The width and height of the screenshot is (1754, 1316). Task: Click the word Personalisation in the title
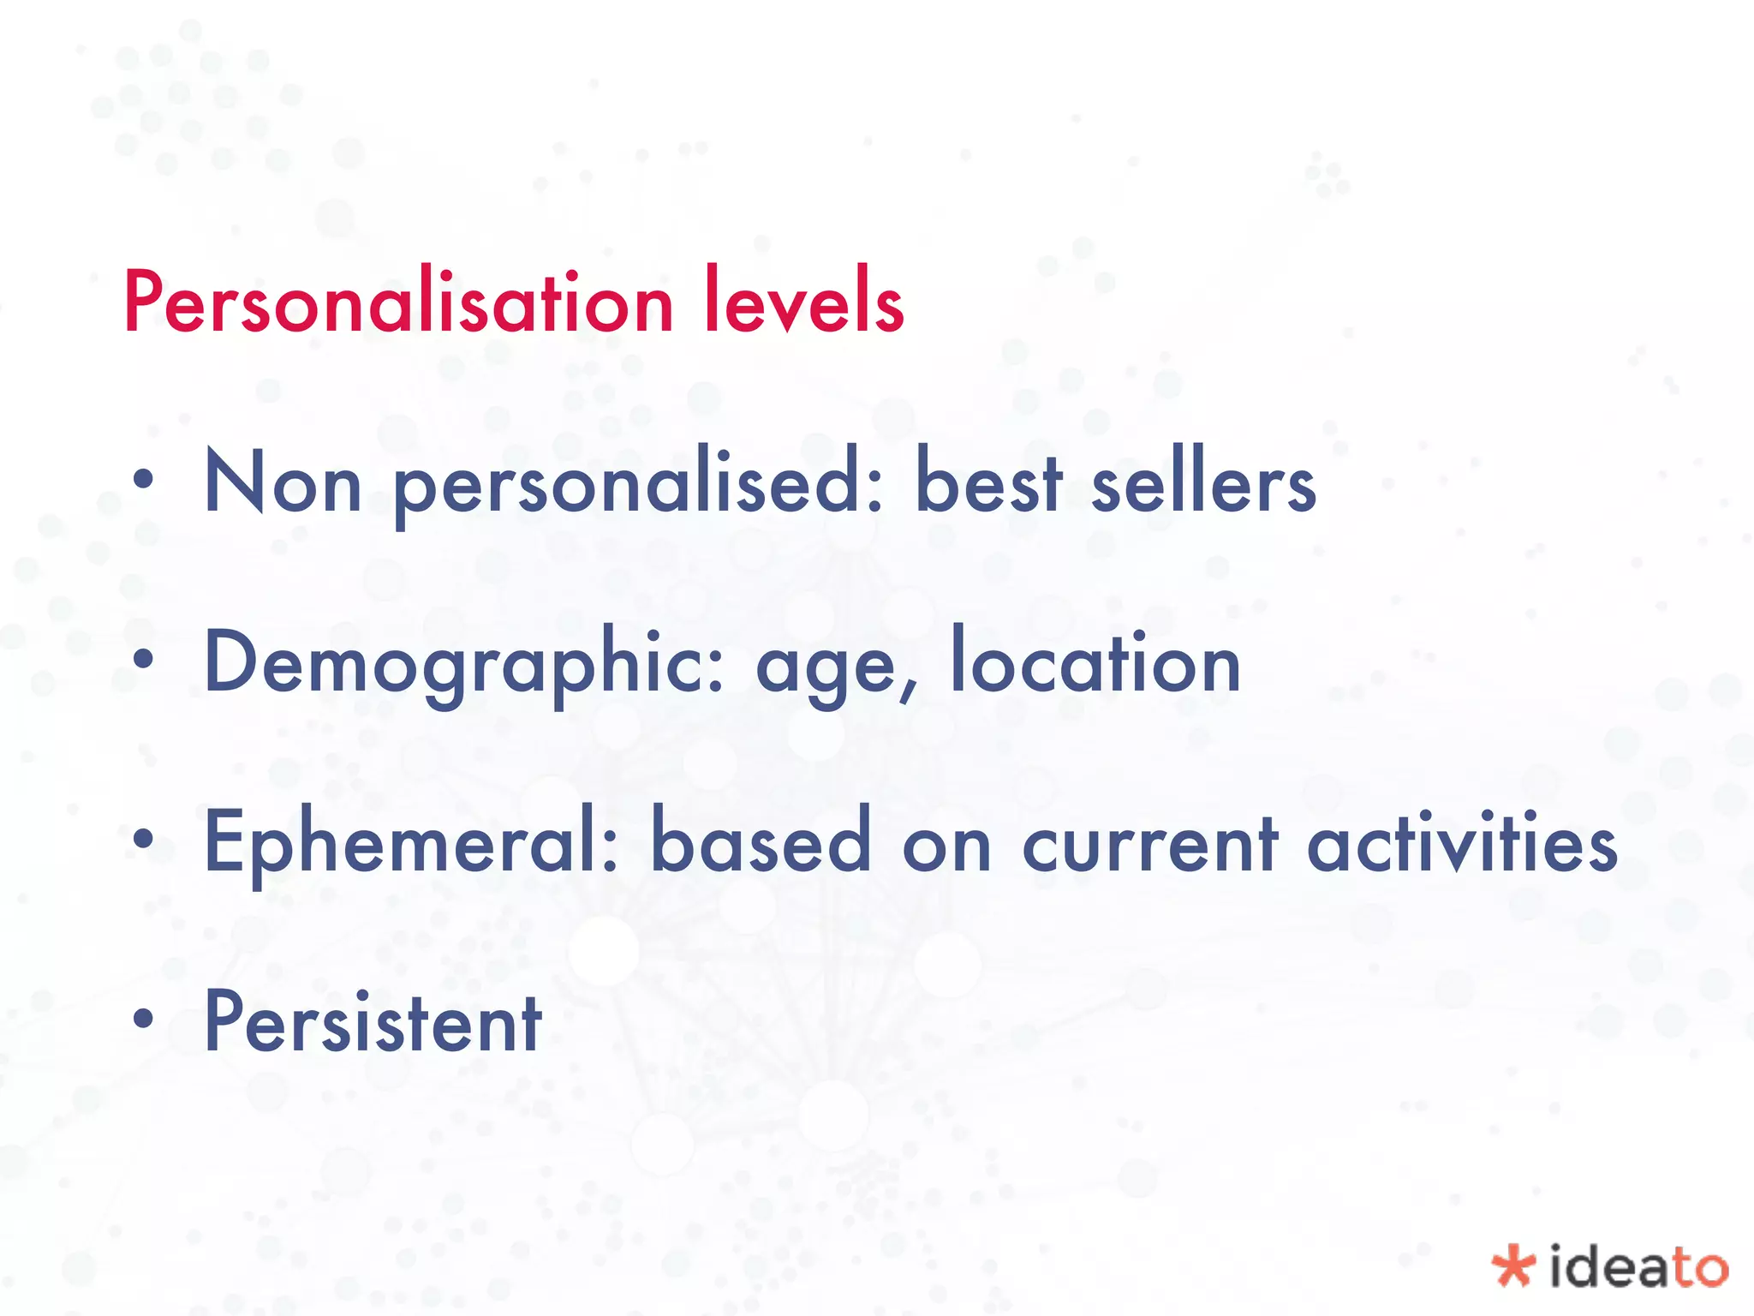point(399,302)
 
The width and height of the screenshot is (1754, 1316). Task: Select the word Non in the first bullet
point(283,483)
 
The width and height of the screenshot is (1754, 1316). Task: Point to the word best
point(989,482)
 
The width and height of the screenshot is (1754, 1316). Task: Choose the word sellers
point(1203,482)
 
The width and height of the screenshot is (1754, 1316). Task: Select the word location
point(1095,661)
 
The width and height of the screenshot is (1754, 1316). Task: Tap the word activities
point(1462,841)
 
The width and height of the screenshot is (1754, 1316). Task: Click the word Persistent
point(373,1021)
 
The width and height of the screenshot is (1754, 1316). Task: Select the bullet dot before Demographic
point(144,660)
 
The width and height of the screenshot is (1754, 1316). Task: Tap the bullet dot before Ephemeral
point(144,840)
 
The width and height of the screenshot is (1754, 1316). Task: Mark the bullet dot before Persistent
point(144,1020)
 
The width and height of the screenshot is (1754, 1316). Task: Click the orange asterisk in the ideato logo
point(1512,1266)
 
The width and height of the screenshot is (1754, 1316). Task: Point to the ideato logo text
point(1638,1266)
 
